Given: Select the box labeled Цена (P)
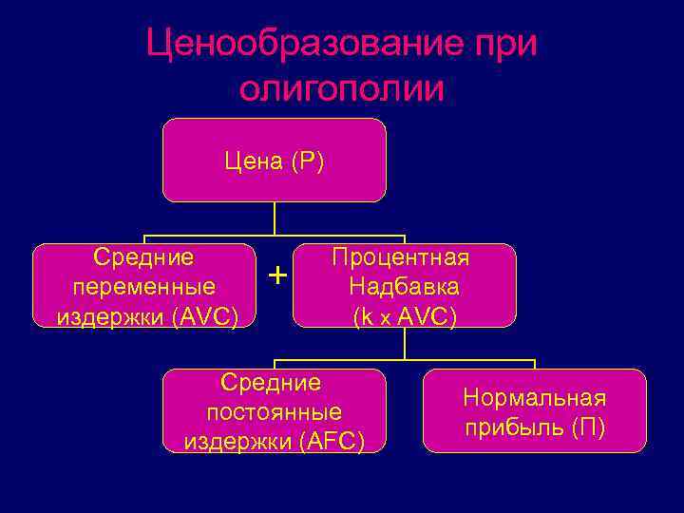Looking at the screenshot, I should [x=275, y=161].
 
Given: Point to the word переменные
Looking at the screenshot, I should [x=143, y=286].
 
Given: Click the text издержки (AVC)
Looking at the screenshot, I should [x=147, y=315].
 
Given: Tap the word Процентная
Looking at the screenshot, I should [x=405, y=257].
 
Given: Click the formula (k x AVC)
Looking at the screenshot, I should [x=405, y=317].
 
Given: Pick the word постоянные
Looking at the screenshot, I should [x=274, y=412].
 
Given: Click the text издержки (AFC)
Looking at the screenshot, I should [x=274, y=442].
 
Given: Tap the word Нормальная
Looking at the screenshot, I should [x=534, y=398].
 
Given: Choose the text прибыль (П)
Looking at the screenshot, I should [x=534, y=427].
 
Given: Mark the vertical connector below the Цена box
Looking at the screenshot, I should [x=275, y=218].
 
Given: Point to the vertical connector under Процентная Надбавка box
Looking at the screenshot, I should [x=405, y=344].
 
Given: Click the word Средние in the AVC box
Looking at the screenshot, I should [x=143, y=256].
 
